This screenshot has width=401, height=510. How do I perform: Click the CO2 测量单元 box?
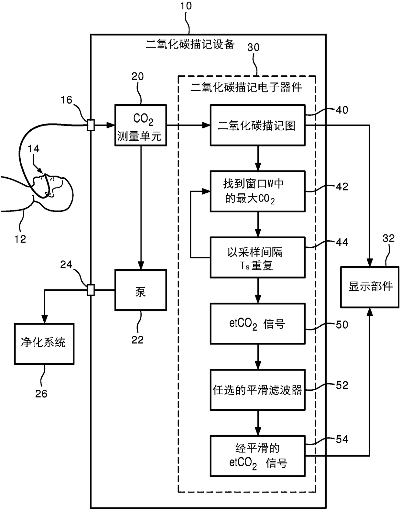click(141, 125)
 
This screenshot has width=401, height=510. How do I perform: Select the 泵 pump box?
click(141, 290)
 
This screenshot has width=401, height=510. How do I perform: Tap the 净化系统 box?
click(44, 344)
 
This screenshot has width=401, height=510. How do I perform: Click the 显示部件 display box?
click(370, 287)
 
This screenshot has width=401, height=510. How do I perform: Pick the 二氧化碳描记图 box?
click(258, 125)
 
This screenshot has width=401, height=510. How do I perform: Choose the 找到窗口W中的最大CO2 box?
click(258, 191)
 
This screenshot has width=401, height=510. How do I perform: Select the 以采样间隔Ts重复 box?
click(258, 257)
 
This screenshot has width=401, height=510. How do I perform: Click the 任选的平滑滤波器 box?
click(258, 390)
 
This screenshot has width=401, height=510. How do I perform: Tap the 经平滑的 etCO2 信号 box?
click(258, 456)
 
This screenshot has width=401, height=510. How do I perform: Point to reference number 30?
click(253, 48)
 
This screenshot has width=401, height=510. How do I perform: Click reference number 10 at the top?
click(186, 6)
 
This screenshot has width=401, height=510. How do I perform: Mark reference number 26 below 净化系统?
click(41, 394)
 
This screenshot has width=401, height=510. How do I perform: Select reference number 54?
click(342, 439)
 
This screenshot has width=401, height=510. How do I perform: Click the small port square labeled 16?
click(91, 125)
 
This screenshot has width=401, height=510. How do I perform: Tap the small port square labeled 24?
click(91, 290)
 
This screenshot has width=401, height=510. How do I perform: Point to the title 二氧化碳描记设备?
click(190, 44)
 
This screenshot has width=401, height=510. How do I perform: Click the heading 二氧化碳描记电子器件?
click(246, 87)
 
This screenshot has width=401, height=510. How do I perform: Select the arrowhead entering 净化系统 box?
click(44, 319)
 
